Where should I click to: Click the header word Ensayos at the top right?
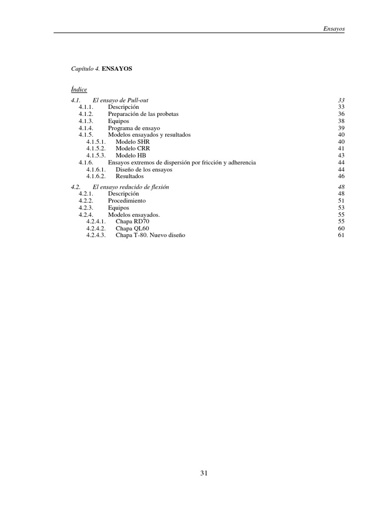[334, 29]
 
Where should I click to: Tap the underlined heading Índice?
[79, 90]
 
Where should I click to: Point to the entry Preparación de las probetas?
[143, 114]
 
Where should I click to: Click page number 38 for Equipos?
[341, 121]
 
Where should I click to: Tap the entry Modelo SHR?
[132, 142]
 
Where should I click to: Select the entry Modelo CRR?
[133, 149]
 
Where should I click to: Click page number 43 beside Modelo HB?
[341, 155]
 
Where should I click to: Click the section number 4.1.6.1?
[96, 169]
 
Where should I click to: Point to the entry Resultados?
[129, 176]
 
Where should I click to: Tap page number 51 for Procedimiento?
[341, 201]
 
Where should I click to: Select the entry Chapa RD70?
[132, 222]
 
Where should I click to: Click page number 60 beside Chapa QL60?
[341, 229]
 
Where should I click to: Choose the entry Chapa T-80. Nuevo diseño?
[150, 236]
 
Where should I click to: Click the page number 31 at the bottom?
[204, 473]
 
